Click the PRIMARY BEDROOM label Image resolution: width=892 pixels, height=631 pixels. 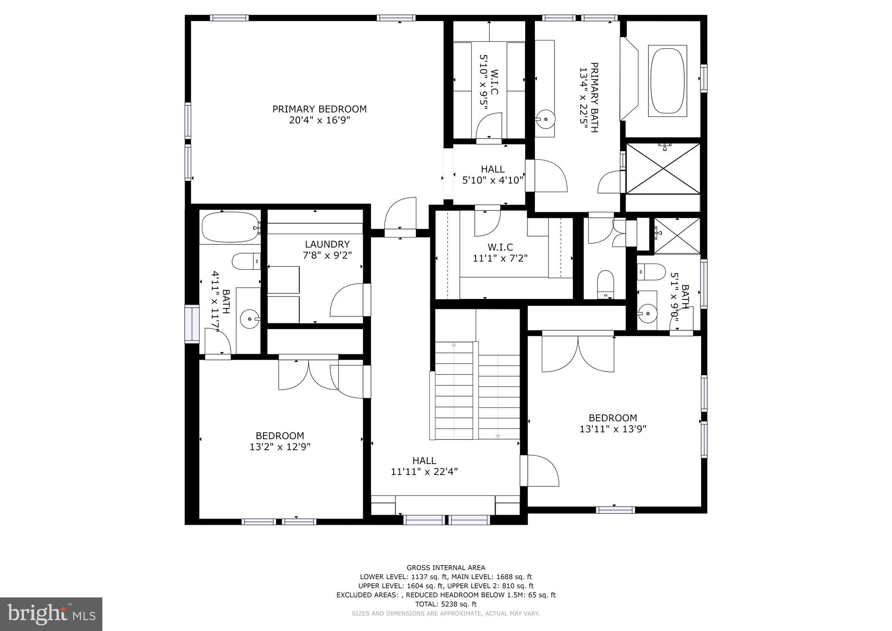tap(319, 109)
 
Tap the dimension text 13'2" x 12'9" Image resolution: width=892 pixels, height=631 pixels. tap(280, 447)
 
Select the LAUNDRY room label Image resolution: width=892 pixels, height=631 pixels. tap(327, 244)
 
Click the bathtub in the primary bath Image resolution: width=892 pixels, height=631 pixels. tap(667, 81)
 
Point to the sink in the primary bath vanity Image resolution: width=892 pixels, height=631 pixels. tap(545, 119)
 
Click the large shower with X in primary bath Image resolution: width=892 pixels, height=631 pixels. tap(663, 168)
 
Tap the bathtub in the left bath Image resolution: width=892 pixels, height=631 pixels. tap(230, 227)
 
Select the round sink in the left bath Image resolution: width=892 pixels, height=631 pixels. tap(250, 319)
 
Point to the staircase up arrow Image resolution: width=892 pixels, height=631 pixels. tap(454, 345)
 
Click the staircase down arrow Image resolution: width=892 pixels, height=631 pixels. tap(498, 436)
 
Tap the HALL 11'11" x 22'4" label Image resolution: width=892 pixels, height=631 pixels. tap(424, 466)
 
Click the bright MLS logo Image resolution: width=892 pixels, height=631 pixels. tap(51, 614)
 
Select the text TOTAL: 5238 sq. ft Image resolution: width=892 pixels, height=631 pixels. tap(446, 604)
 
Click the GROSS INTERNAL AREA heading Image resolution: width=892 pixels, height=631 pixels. tap(446, 567)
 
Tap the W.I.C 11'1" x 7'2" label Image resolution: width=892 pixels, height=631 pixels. tap(500, 253)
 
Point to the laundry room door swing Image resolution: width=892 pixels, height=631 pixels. tap(347, 300)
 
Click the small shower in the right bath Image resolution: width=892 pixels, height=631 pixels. tap(677, 236)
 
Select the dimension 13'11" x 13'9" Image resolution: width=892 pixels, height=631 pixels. tap(612, 429)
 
